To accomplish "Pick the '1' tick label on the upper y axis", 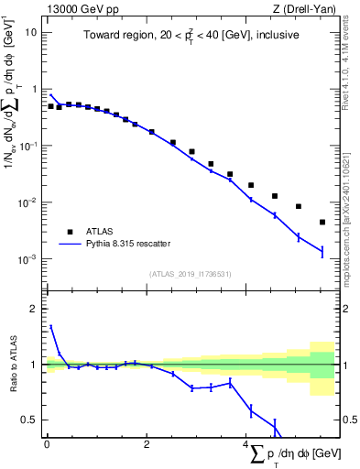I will [34, 89].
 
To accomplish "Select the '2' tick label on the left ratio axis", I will [34, 309].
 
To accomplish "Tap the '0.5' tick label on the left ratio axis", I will [29, 420].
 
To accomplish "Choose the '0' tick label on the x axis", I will [47, 445].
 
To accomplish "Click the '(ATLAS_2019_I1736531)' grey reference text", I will [190, 274].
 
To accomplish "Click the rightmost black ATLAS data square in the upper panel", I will [322, 222].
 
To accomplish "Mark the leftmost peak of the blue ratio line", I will [50, 326].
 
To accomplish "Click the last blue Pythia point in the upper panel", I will [322, 251].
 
